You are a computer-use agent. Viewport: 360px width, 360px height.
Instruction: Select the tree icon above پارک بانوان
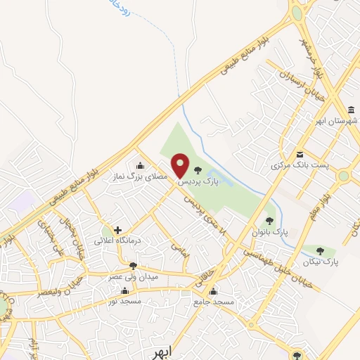tap(269, 221)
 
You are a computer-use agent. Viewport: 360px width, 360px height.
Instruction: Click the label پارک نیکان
tap(321, 261)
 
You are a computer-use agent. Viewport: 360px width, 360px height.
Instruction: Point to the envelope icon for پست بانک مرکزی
tap(300, 155)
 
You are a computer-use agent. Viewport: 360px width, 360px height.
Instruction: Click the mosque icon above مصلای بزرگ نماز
tap(141, 167)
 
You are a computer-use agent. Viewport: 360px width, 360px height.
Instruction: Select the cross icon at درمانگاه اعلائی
tap(117, 230)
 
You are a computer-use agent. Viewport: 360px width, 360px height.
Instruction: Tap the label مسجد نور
tap(122, 301)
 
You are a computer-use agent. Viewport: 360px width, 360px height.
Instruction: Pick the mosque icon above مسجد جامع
tap(214, 291)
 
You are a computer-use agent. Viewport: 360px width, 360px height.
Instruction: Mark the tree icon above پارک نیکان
tap(321, 250)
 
